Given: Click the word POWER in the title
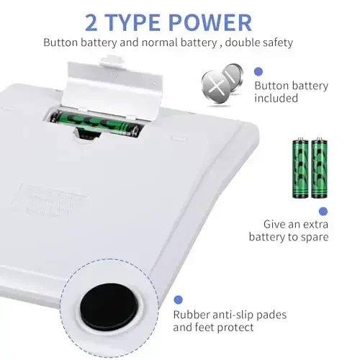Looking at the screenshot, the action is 210,22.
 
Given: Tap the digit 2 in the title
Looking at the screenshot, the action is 91,23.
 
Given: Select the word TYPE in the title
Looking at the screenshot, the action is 132,22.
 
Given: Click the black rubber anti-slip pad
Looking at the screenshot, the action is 108,307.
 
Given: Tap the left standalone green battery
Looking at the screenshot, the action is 300,168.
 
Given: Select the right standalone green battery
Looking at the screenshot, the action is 319,168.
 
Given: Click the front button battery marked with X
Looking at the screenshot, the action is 215,86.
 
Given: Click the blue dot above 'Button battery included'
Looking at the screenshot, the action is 258,71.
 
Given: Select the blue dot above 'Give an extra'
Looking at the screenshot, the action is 323,212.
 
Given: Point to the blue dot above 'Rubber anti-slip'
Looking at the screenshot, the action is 178,300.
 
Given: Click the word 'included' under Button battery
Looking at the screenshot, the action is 276,98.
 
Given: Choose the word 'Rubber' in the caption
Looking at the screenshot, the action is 189,315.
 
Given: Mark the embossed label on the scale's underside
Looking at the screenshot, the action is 48,200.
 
